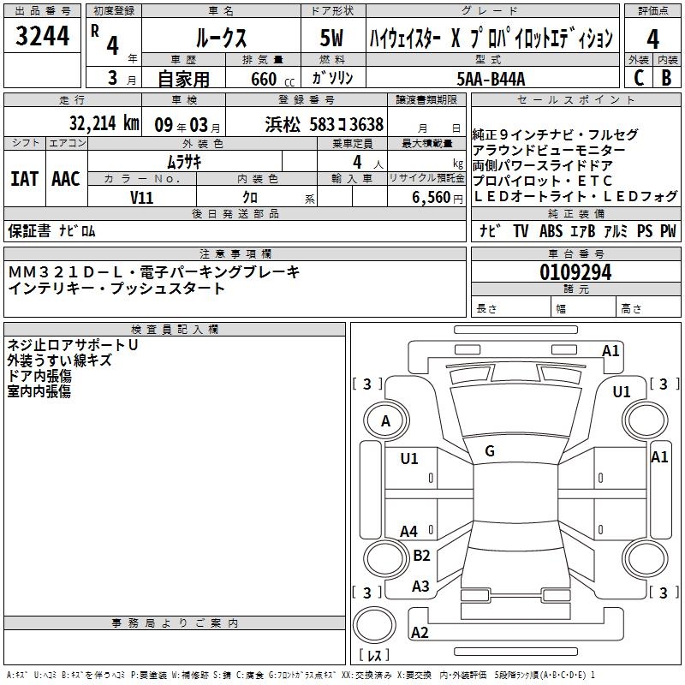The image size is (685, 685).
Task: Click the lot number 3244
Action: pyautogui.click(x=42, y=37)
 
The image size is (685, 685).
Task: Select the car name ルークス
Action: pyautogui.click(x=221, y=38)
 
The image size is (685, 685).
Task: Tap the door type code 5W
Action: pyautogui.click(x=333, y=39)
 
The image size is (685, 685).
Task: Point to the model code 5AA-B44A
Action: pyautogui.click(x=491, y=79)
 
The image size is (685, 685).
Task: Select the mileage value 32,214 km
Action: pyautogui.click(x=104, y=123)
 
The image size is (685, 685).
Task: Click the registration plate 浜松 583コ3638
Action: pyautogui.click(x=325, y=124)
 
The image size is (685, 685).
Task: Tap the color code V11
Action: pyautogui.click(x=142, y=197)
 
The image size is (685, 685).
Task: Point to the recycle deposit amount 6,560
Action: pyautogui.click(x=431, y=197)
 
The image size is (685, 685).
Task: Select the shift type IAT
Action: pyautogui.click(x=25, y=179)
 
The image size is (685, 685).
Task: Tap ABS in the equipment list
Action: pyautogui.click(x=552, y=231)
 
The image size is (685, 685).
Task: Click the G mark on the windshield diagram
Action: pyautogui.click(x=489, y=450)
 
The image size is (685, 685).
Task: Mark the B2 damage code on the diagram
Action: pyautogui.click(x=421, y=556)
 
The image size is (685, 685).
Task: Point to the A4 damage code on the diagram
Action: pyautogui.click(x=409, y=532)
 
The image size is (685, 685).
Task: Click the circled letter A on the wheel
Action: pyautogui.click(x=385, y=420)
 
